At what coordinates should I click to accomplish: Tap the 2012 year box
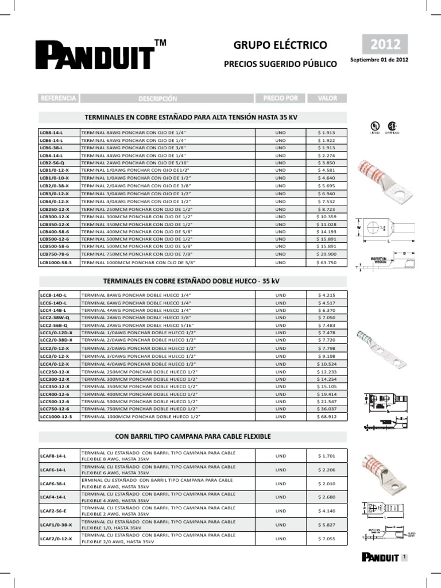385,44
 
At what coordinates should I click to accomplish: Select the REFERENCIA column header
58,98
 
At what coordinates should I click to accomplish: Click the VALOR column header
327,98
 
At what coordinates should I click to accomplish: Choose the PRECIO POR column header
280,98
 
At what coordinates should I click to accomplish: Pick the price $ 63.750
327,262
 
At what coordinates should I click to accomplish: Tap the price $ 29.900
327,253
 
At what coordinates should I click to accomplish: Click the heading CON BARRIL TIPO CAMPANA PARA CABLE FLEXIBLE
193,437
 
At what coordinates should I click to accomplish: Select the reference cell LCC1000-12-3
56,416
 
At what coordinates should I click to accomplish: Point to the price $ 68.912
327,416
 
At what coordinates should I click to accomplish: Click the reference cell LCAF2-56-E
53,511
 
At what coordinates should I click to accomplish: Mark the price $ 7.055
327,539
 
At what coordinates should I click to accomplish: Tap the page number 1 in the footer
405,557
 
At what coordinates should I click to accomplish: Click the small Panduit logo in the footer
380,557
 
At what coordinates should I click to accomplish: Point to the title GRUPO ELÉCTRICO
280,45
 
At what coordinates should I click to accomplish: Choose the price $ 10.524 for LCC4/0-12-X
327,364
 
